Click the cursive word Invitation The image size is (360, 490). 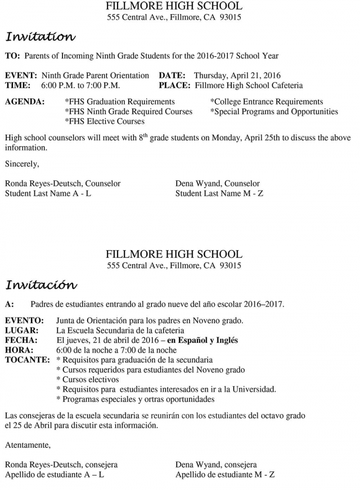coord(40,37)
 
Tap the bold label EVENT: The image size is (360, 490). coord(21,75)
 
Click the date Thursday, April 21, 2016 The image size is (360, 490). coord(237,75)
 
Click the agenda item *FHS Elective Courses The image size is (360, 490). coord(105,121)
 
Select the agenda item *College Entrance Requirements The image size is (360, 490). coord(267,102)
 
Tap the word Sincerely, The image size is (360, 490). coord(22,164)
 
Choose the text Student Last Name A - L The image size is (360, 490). coord(48,194)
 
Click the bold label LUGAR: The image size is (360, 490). coord(21,330)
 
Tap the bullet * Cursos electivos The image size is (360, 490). coord(87,379)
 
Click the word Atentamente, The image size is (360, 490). coord(28,446)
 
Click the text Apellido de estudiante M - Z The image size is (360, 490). coord(225,475)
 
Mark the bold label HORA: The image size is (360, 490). coord(20,350)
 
